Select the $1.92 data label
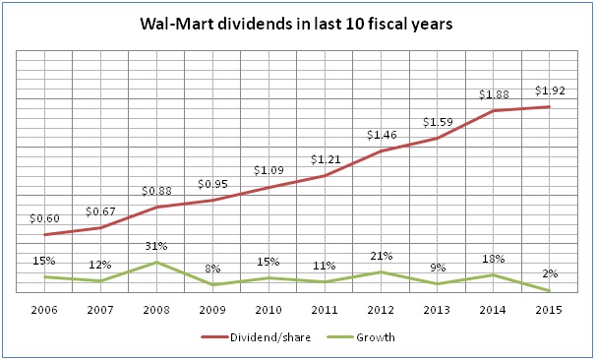pyautogui.click(x=549, y=90)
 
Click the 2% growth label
pyautogui.click(x=549, y=275)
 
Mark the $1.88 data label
pyautogui.click(x=493, y=94)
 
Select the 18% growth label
pyautogui.click(x=493, y=259)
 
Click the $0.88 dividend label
pyautogui.click(x=157, y=191)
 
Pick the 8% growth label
pyautogui.click(x=212, y=268)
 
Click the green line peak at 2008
pyautogui.click(x=157, y=262)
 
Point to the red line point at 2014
pyautogui.click(x=493, y=111)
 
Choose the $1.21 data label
pyautogui.click(x=325, y=159)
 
